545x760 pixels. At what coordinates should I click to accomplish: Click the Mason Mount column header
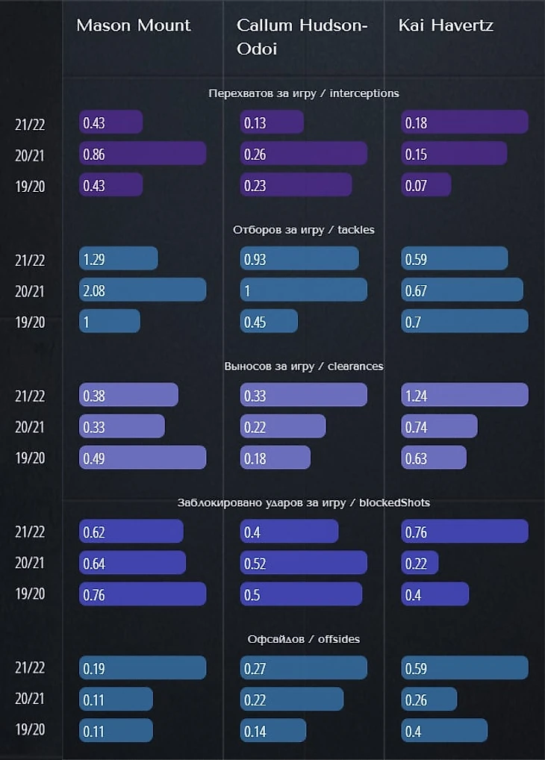[x=134, y=25]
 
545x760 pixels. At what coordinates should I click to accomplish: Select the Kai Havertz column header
[x=446, y=25]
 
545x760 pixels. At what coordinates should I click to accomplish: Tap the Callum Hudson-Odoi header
[x=302, y=36]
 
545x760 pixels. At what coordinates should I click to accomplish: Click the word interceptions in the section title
[x=364, y=93]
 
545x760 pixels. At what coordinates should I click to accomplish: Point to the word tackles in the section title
[x=356, y=229]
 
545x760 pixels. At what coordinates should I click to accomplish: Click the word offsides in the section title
[x=338, y=638]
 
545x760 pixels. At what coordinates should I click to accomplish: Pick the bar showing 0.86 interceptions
[x=143, y=154]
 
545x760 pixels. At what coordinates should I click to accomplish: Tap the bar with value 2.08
[x=143, y=290]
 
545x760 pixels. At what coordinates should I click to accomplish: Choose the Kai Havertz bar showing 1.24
[x=464, y=395]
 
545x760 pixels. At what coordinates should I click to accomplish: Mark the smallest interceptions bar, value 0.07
[x=426, y=184]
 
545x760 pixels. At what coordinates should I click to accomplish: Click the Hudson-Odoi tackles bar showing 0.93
[x=299, y=258]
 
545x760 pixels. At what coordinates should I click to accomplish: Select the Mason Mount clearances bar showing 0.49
[x=143, y=457]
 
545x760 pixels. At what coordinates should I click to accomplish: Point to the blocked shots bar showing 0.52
[x=304, y=562]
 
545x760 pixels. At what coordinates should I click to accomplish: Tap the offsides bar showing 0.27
[x=304, y=667]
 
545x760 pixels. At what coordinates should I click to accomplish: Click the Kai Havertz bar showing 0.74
[x=439, y=426]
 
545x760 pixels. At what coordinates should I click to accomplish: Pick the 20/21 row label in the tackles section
[x=30, y=290]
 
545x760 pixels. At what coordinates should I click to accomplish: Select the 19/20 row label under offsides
[x=30, y=730]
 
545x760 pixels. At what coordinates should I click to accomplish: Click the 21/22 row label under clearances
[x=30, y=396]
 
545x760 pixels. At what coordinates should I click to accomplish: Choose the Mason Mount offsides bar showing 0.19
[x=143, y=667]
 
